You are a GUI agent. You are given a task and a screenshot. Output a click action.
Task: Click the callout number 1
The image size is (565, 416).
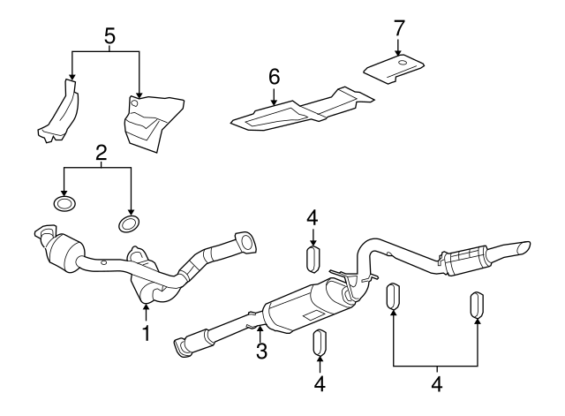[147, 333]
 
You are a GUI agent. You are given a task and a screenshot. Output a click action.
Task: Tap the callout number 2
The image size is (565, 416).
[101, 153]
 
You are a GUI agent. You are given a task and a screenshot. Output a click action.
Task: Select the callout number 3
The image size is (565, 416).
[260, 352]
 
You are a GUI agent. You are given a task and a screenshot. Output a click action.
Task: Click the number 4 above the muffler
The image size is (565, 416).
[313, 218]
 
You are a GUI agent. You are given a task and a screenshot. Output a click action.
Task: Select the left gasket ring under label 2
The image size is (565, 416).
[64, 205]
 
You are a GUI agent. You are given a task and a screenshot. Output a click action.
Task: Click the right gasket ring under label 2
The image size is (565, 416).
[130, 220]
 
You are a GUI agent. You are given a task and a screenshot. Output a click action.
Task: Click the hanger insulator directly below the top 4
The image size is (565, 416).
[313, 260]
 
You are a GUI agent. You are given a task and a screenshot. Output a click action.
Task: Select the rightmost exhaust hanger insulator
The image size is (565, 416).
[478, 305]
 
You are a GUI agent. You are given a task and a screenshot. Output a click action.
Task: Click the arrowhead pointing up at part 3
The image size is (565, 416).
[260, 329]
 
